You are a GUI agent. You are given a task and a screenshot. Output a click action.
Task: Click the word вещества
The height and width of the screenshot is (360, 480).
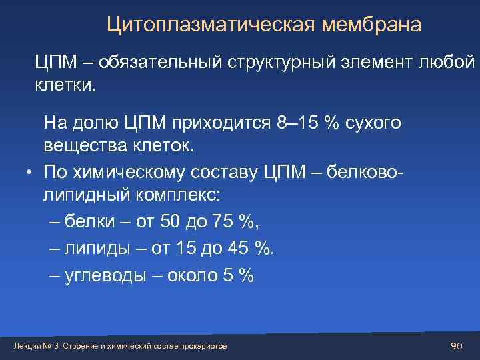pos(81,145)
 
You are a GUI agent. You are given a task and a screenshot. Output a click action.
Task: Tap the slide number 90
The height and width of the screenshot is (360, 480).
pos(456,346)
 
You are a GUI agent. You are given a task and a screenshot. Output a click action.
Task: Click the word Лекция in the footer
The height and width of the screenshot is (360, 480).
pos(27,347)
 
